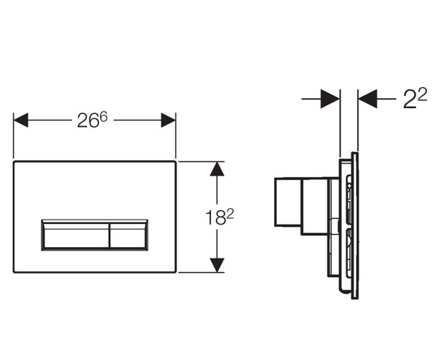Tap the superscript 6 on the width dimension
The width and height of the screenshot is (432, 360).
103,117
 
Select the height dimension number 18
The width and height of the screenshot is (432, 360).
215,217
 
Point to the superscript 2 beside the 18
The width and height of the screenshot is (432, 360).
230,214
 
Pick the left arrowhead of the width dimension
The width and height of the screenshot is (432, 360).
21,120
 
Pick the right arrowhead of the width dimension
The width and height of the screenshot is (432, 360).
168,120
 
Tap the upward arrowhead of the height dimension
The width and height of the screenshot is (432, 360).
217,169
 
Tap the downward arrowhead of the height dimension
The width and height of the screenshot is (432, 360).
217,265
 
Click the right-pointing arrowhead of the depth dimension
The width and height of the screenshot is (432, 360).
330,99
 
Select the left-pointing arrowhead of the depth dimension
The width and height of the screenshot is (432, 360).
367,99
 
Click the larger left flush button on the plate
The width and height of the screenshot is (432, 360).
76,235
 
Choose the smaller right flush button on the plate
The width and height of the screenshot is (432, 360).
128,235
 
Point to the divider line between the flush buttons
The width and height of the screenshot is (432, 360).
109,235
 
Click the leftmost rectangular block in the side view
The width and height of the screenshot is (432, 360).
288,202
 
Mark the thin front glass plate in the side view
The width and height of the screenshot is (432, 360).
355,225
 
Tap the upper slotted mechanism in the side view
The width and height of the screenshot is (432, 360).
348,199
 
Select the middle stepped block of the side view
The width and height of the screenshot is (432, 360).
315,207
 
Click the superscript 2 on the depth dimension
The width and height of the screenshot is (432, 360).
422,94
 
